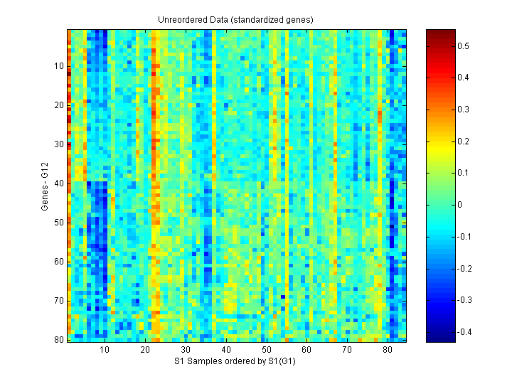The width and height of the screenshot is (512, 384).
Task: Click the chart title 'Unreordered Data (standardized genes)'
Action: pos(235,19)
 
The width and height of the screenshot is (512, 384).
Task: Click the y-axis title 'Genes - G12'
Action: pos(45,185)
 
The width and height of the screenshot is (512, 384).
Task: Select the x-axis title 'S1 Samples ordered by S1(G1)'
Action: pos(235,361)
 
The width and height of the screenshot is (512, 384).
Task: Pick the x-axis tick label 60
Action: pos(306,350)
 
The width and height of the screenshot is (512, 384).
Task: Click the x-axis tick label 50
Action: pos(266,350)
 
